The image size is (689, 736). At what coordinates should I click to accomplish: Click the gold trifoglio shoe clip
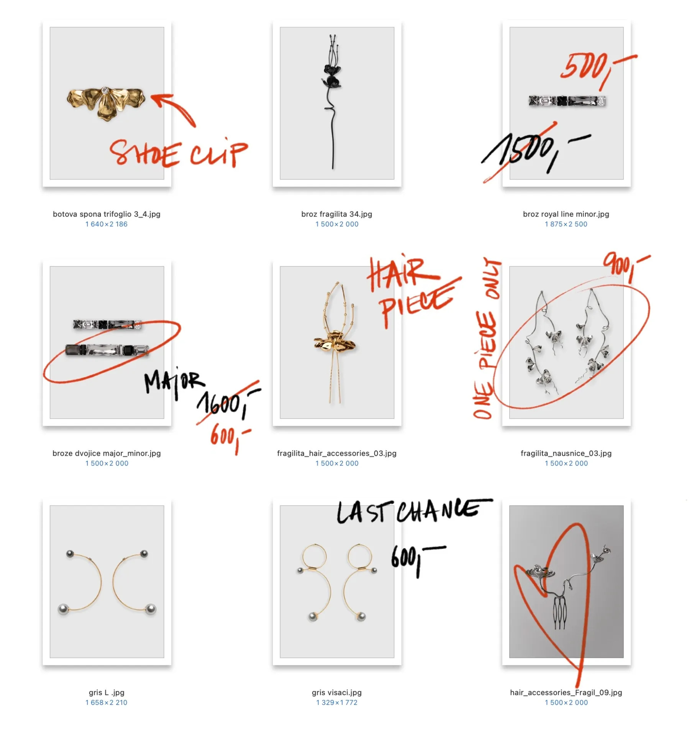pyautogui.click(x=106, y=103)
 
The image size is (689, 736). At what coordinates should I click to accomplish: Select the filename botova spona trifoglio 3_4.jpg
pyautogui.click(x=107, y=214)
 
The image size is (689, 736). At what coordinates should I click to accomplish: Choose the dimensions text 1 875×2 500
pyautogui.click(x=566, y=224)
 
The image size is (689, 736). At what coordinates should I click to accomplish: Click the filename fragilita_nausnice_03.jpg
pyautogui.click(x=566, y=453)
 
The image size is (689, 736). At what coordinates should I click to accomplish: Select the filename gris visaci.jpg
pyautogui.click(x=336, y=692)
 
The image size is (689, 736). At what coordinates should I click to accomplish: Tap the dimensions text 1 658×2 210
pyautogui.click(x=107, y=702)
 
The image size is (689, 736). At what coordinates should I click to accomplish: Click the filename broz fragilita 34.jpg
pyautogui.click(x=336, y=214)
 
